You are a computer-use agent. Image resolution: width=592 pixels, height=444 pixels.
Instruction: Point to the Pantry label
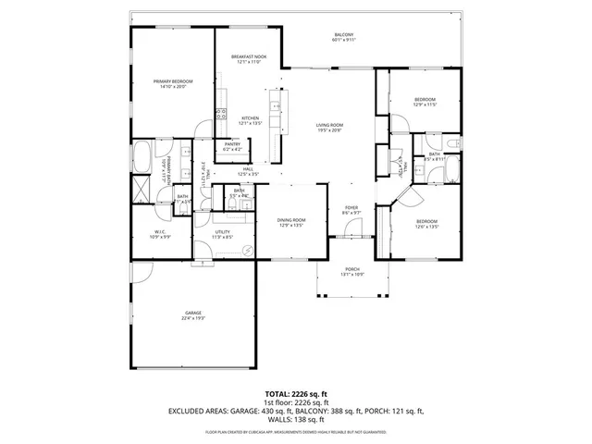click(x=232, y=146)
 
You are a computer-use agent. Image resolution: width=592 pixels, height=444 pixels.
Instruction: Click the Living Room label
click(x=329, y=128)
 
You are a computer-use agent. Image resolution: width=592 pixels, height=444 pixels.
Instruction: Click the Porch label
click(x=353, y=272)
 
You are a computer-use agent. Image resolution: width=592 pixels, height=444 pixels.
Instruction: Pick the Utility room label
click(x=221, y=234)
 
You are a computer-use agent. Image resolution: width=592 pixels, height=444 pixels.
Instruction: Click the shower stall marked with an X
click(x=142, y=191)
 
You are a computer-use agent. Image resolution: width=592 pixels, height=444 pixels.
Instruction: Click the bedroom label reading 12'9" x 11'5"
click(x=425, y=102)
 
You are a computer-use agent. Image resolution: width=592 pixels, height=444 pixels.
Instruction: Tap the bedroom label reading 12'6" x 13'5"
click(x=426, y=224)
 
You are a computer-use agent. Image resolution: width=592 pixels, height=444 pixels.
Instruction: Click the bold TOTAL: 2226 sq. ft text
click(x=295, y=393)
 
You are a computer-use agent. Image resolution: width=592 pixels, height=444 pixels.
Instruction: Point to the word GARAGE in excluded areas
click(x=253, y=412)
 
